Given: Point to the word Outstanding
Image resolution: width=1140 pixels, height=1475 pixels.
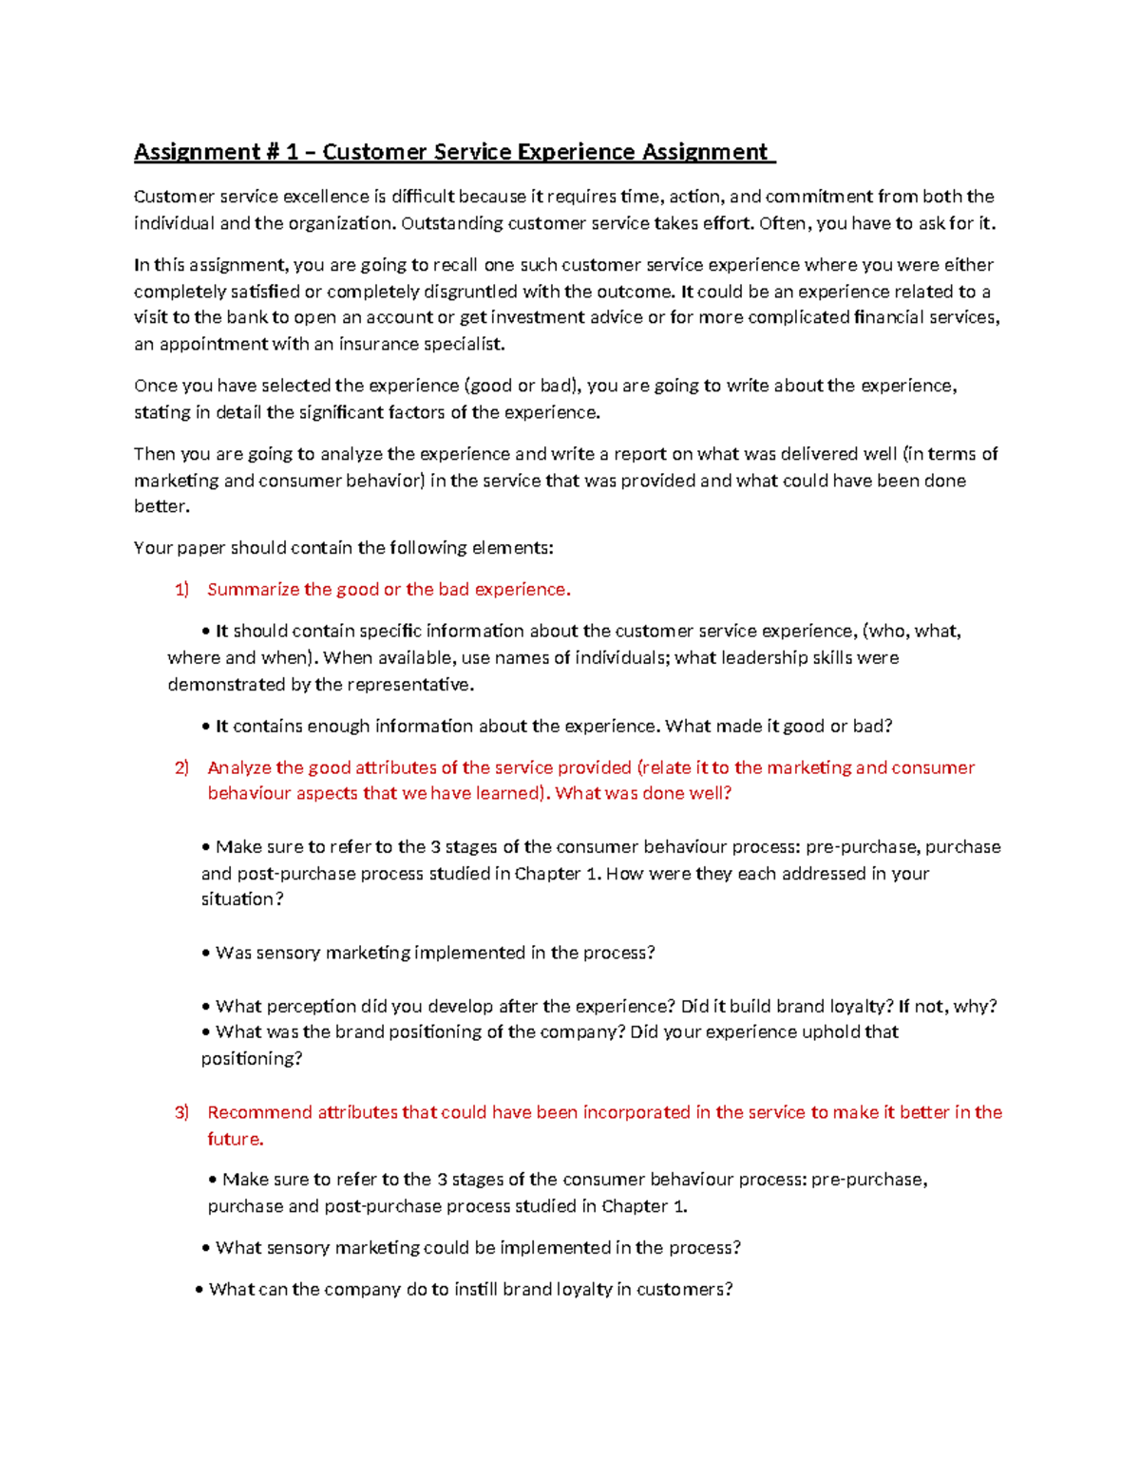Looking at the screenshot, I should point(452,223).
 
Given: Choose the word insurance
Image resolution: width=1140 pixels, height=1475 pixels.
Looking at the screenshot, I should point(379,344).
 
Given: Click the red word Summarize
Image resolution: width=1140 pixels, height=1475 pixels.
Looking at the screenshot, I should point(253,590).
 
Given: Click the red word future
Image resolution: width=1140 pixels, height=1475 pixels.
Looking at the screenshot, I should point(234,1139).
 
